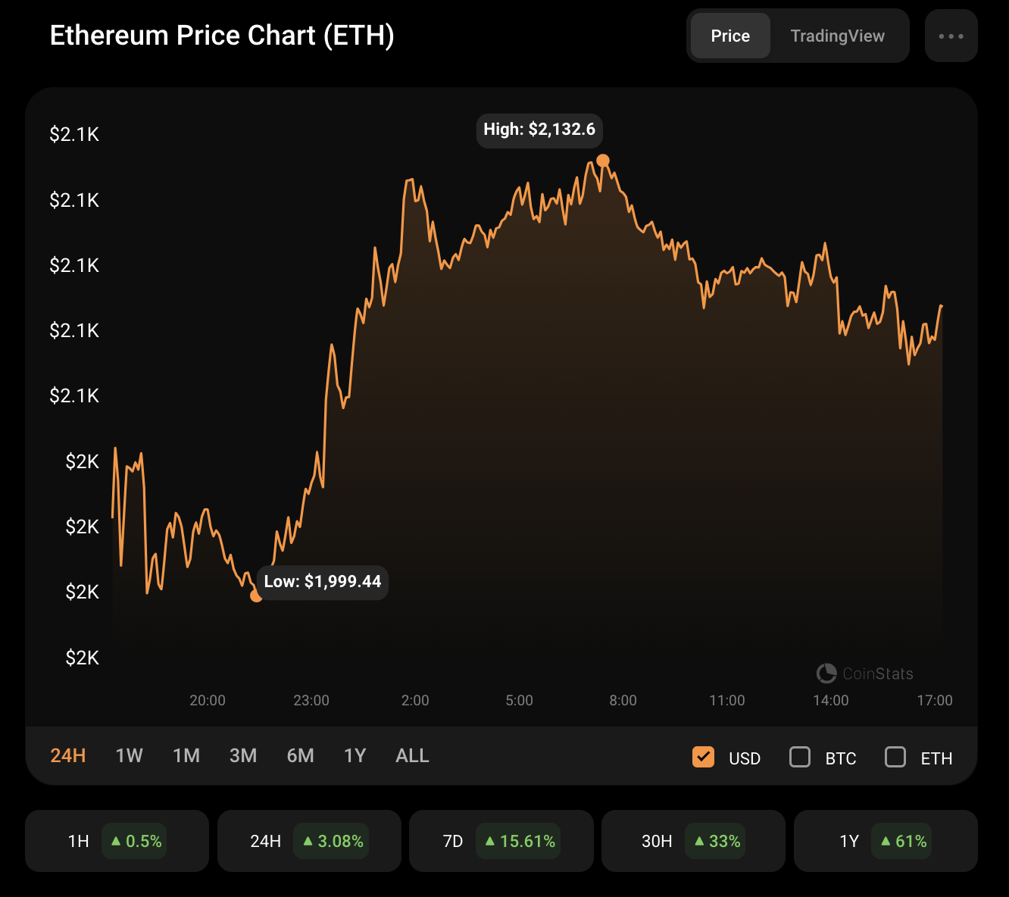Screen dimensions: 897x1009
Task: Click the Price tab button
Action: coord(730,36)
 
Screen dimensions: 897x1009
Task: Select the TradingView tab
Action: coord(837,36)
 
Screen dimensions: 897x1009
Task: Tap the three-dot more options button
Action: coord(951,36)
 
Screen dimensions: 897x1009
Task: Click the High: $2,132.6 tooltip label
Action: coord(539,130)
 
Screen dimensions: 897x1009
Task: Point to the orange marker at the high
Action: coord(603,161)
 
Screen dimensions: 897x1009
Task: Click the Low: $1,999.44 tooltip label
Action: coord(323,582)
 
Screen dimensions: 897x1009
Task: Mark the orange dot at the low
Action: coord(256,596)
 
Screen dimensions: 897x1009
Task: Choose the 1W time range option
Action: coord(129,755)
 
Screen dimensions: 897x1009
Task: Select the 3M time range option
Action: coord(243,755)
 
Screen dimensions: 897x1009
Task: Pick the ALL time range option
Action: coord(412,755)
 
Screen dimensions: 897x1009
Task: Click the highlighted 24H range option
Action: coord(68,755)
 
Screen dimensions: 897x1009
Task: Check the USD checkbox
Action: coord(703,757)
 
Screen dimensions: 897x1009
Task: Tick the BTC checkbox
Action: coord(800,757)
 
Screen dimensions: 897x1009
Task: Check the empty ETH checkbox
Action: coord(895,757)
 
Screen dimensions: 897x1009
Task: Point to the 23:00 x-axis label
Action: coord(311,700)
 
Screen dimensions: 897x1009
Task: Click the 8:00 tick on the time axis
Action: coord(623,700)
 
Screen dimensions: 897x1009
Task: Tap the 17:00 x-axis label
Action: coord(935,700)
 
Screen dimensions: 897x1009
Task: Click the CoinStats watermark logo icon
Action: coord(826,673)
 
